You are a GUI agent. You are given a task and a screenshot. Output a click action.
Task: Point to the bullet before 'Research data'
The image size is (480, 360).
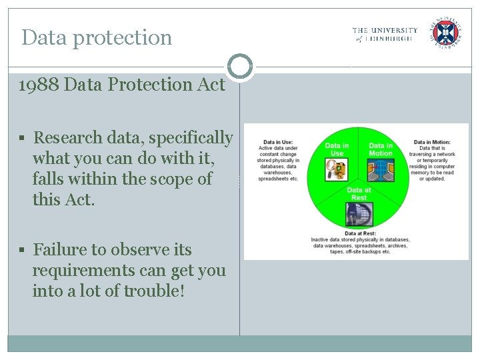[22, 139]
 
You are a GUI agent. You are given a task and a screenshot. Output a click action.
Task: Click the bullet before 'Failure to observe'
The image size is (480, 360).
[22, 251]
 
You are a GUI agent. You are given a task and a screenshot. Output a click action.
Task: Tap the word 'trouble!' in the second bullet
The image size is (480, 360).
[153, 291]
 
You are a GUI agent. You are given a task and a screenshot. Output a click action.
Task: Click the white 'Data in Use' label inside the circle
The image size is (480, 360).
[337, 149]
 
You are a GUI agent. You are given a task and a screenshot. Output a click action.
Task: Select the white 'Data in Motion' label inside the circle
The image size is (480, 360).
[381, 149]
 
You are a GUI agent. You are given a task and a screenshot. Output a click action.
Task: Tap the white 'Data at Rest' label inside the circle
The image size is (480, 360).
[359, 193]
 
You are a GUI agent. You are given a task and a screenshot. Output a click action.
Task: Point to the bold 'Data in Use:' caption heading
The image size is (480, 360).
[278, 142]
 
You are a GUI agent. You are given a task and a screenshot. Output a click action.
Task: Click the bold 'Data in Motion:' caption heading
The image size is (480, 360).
[432, 142]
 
